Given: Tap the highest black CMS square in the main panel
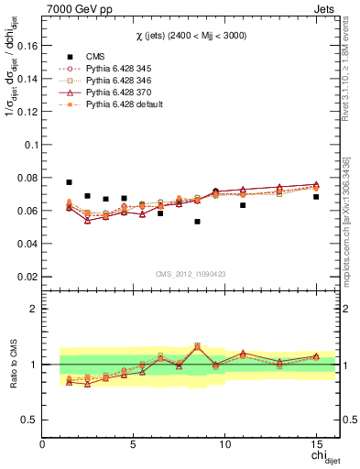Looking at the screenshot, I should click(70, 182).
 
